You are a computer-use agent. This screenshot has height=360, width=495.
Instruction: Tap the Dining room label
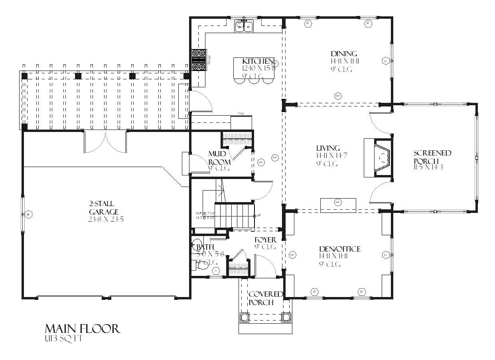point(343,54)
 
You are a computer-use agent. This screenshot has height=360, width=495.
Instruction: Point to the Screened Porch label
point(432,153)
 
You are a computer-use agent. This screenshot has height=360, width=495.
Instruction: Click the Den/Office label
point(339,249)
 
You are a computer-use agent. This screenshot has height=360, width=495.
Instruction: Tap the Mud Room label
point(219,158)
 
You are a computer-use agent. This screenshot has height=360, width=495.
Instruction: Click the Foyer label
point(265,240)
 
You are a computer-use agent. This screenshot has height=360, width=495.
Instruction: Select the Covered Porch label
point(265,298)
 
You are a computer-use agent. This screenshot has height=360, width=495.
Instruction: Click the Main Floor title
point(82,329)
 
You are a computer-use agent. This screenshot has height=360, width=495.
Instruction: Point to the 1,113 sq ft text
point(63,339)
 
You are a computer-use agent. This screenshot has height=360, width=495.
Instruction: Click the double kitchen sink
point(244,26)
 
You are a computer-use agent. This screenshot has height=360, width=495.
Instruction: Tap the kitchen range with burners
point(199,60)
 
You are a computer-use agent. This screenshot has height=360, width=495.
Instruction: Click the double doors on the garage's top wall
point(105,142)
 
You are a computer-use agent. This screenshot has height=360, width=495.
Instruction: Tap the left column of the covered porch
point(244,317)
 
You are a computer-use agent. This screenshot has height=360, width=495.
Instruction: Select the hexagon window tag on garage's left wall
point(29,214)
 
